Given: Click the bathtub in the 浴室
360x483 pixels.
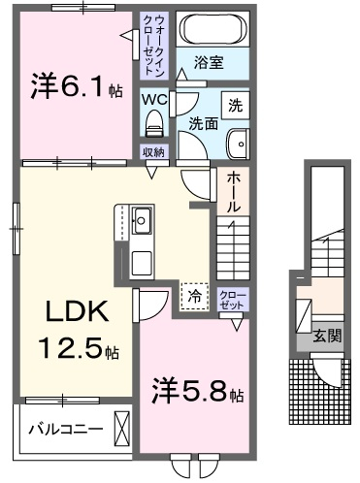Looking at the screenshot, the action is pos(213,28).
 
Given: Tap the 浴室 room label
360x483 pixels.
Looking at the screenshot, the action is pos(209,62).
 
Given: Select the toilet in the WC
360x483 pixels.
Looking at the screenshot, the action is pos(154,123).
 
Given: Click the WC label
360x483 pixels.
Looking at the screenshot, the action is pos(154,100).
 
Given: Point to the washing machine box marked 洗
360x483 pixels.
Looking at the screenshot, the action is pos(236,106).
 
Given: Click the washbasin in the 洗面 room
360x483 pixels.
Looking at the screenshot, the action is pos(239,145).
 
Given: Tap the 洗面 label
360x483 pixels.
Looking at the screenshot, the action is pos(203,124).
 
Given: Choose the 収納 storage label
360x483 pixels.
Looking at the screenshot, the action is pos(154,152).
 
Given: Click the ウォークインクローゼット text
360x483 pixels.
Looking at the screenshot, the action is pos(154,46).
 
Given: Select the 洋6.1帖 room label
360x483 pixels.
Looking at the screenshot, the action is pos(77,86).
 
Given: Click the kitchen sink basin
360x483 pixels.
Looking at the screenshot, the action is pos(142,220).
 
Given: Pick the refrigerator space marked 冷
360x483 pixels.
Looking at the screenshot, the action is pos(194,296).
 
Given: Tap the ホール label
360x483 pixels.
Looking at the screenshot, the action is pos(233,191).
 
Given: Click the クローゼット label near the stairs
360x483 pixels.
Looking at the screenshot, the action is pos(233,300).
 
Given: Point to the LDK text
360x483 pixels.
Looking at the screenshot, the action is pos(77,311).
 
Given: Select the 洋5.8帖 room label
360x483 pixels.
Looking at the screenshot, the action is pos(198,392).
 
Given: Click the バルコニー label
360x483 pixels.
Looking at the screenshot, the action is pos(66,429).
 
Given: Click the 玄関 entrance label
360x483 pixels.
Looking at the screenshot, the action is pos(327,337).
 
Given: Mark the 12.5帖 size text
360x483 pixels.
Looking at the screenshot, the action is pos(79,348).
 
